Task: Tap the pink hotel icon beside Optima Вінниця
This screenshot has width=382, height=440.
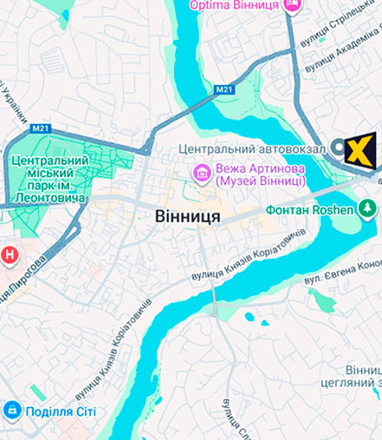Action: point(292,5)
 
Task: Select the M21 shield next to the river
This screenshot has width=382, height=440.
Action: point(224,89)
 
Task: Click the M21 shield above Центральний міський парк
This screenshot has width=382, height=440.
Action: point(40,128)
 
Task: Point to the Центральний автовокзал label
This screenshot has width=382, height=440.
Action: point(252,149)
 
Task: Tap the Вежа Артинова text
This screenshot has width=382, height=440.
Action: point(260,167)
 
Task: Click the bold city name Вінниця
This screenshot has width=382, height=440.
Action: point(188,215)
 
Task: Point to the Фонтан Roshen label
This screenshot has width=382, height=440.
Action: point(311,210)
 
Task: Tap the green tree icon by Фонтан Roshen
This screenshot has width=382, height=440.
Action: point(367,209)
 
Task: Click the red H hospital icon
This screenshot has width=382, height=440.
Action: point(9,254)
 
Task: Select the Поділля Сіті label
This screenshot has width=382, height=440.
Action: point(61,411)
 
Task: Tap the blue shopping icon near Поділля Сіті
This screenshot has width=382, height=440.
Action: point(12,410)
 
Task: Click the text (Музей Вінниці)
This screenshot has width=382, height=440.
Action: point(260,181)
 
